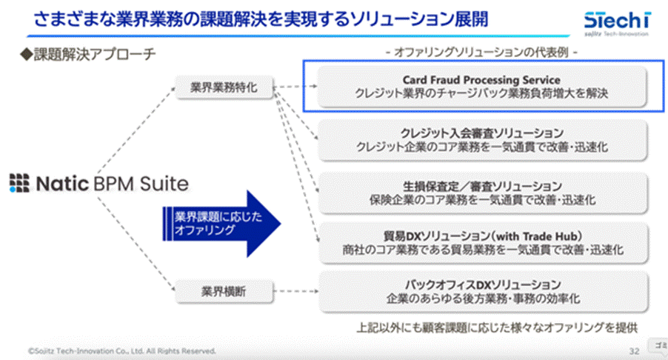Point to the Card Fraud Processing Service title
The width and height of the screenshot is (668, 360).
(x=481, y=79)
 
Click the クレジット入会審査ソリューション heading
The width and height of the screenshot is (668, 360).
(x=481, y=133)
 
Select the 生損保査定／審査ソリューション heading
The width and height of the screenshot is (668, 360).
(x=481, y=186)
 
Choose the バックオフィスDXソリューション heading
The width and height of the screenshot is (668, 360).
(x=481, y=284)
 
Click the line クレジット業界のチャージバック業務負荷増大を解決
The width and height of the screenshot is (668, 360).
(x=481, y=94)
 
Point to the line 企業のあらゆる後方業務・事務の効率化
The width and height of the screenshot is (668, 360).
(x=481, y=299)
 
